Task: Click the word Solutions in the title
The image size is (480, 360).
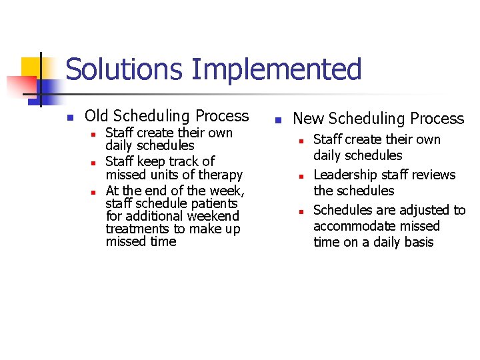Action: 124,70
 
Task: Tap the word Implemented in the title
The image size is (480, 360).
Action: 275,70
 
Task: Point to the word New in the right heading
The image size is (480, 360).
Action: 309,119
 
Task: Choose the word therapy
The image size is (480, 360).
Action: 220,175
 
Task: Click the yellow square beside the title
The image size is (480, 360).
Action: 31,67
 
